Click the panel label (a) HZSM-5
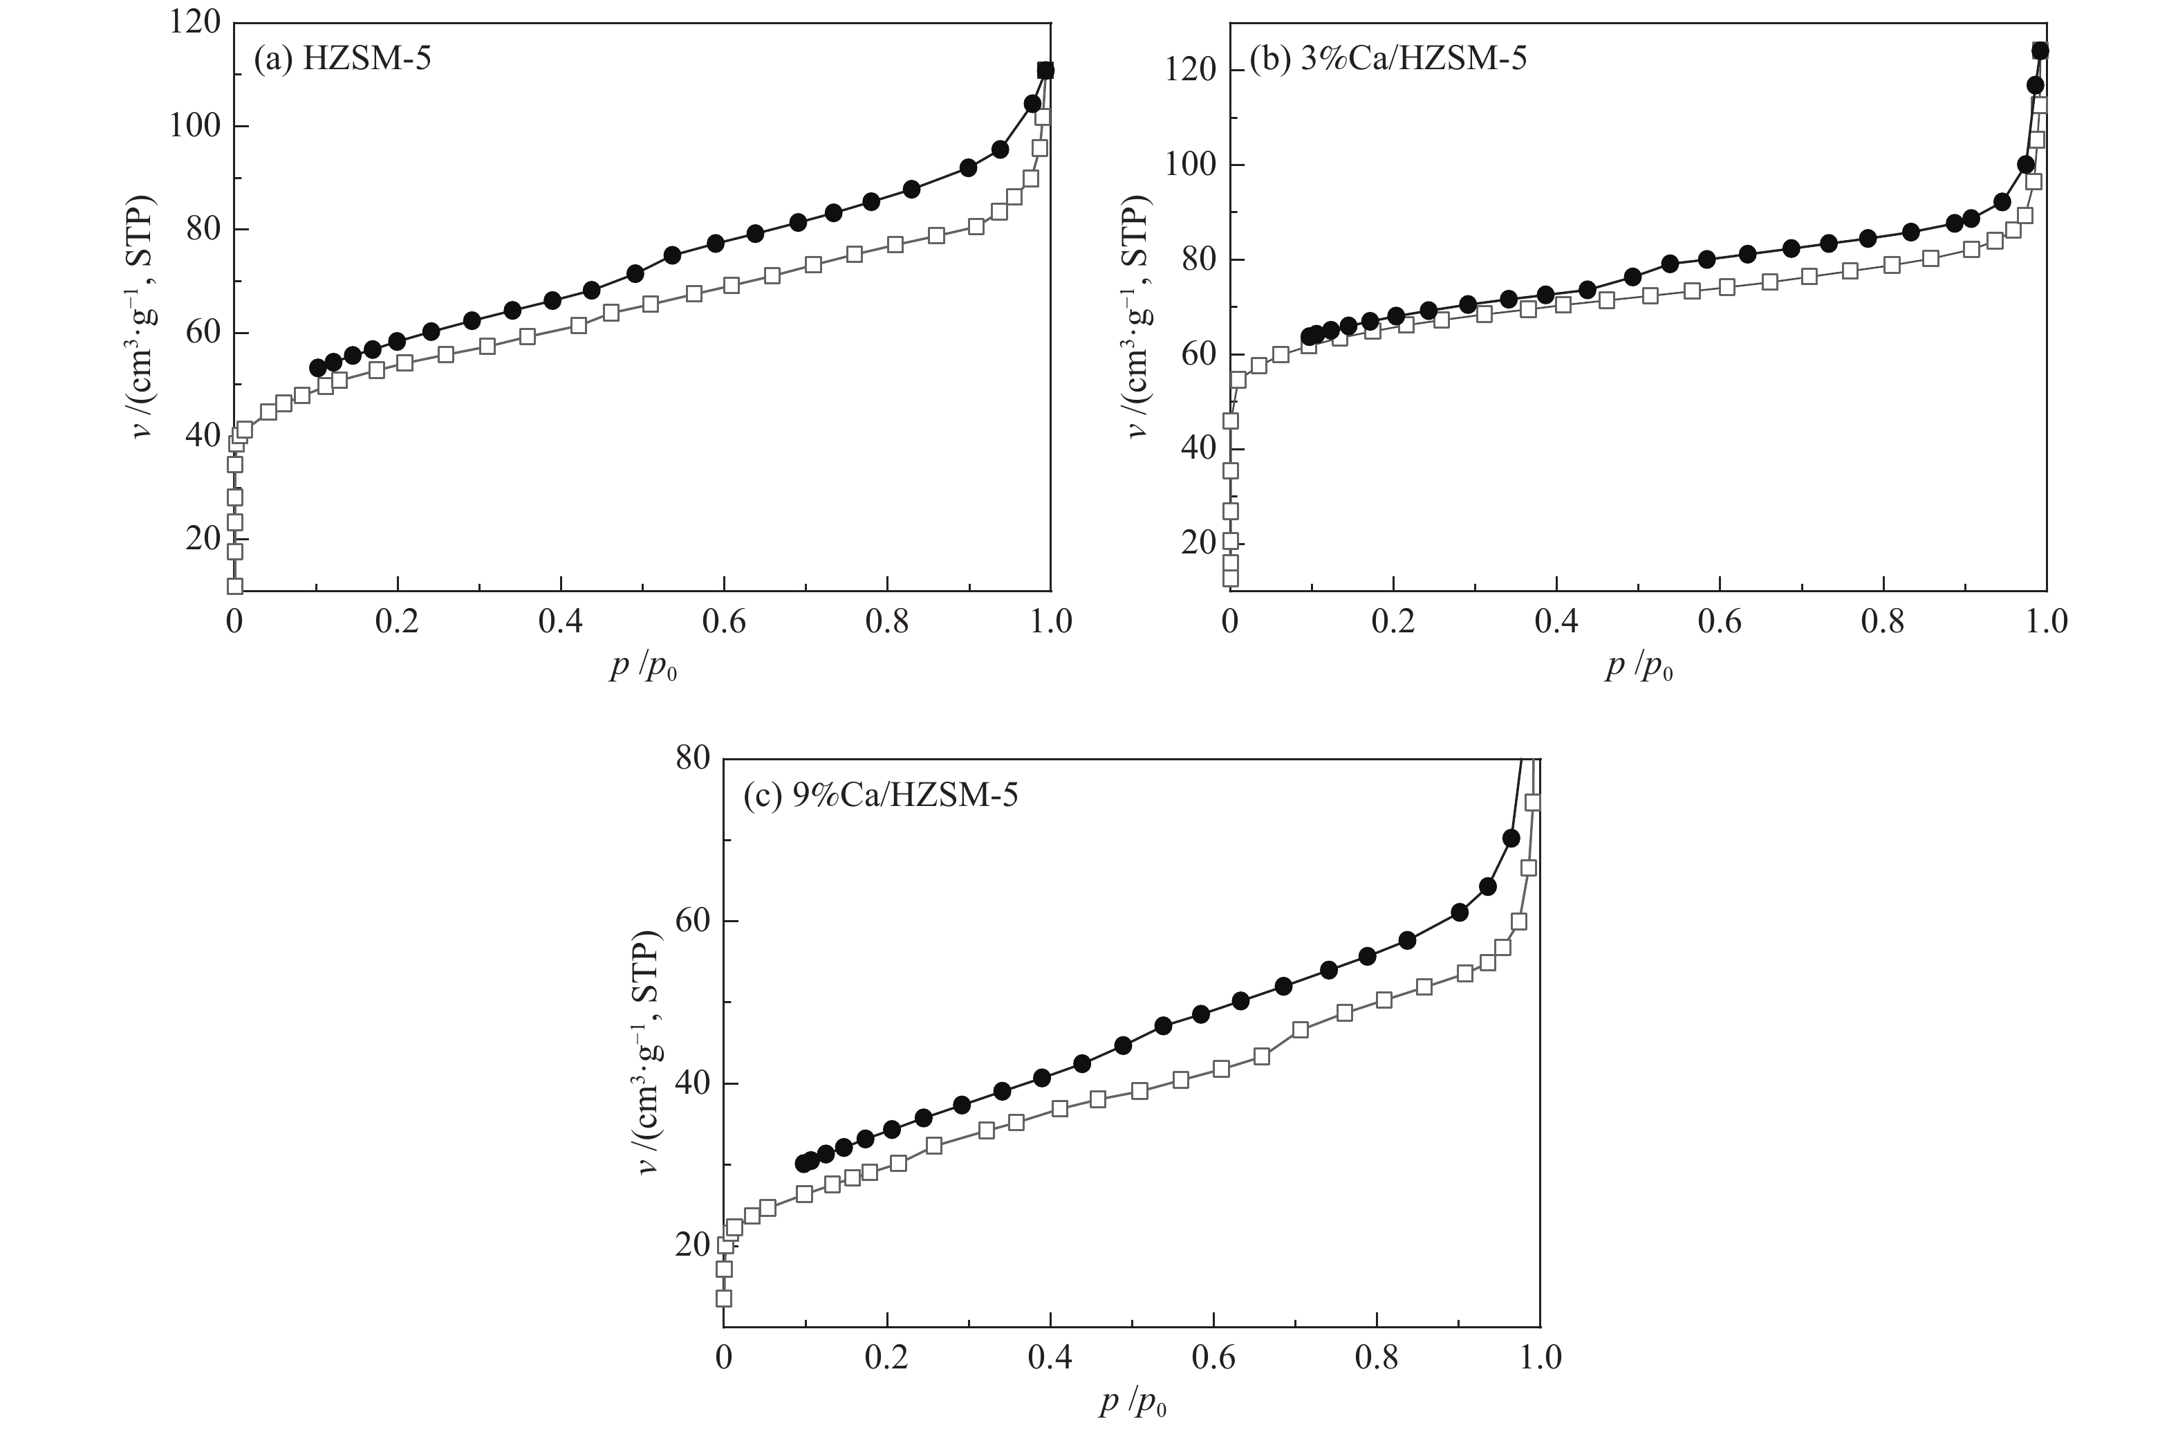[342, 59]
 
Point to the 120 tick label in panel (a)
[195, 22]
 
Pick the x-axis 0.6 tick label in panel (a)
[724, 622]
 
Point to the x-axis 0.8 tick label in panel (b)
[1883, 622]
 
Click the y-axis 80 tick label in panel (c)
[693, 759]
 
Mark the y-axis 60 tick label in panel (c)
[693, 921]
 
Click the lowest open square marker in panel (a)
[235, 586]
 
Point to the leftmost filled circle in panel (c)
[803, 1163]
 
